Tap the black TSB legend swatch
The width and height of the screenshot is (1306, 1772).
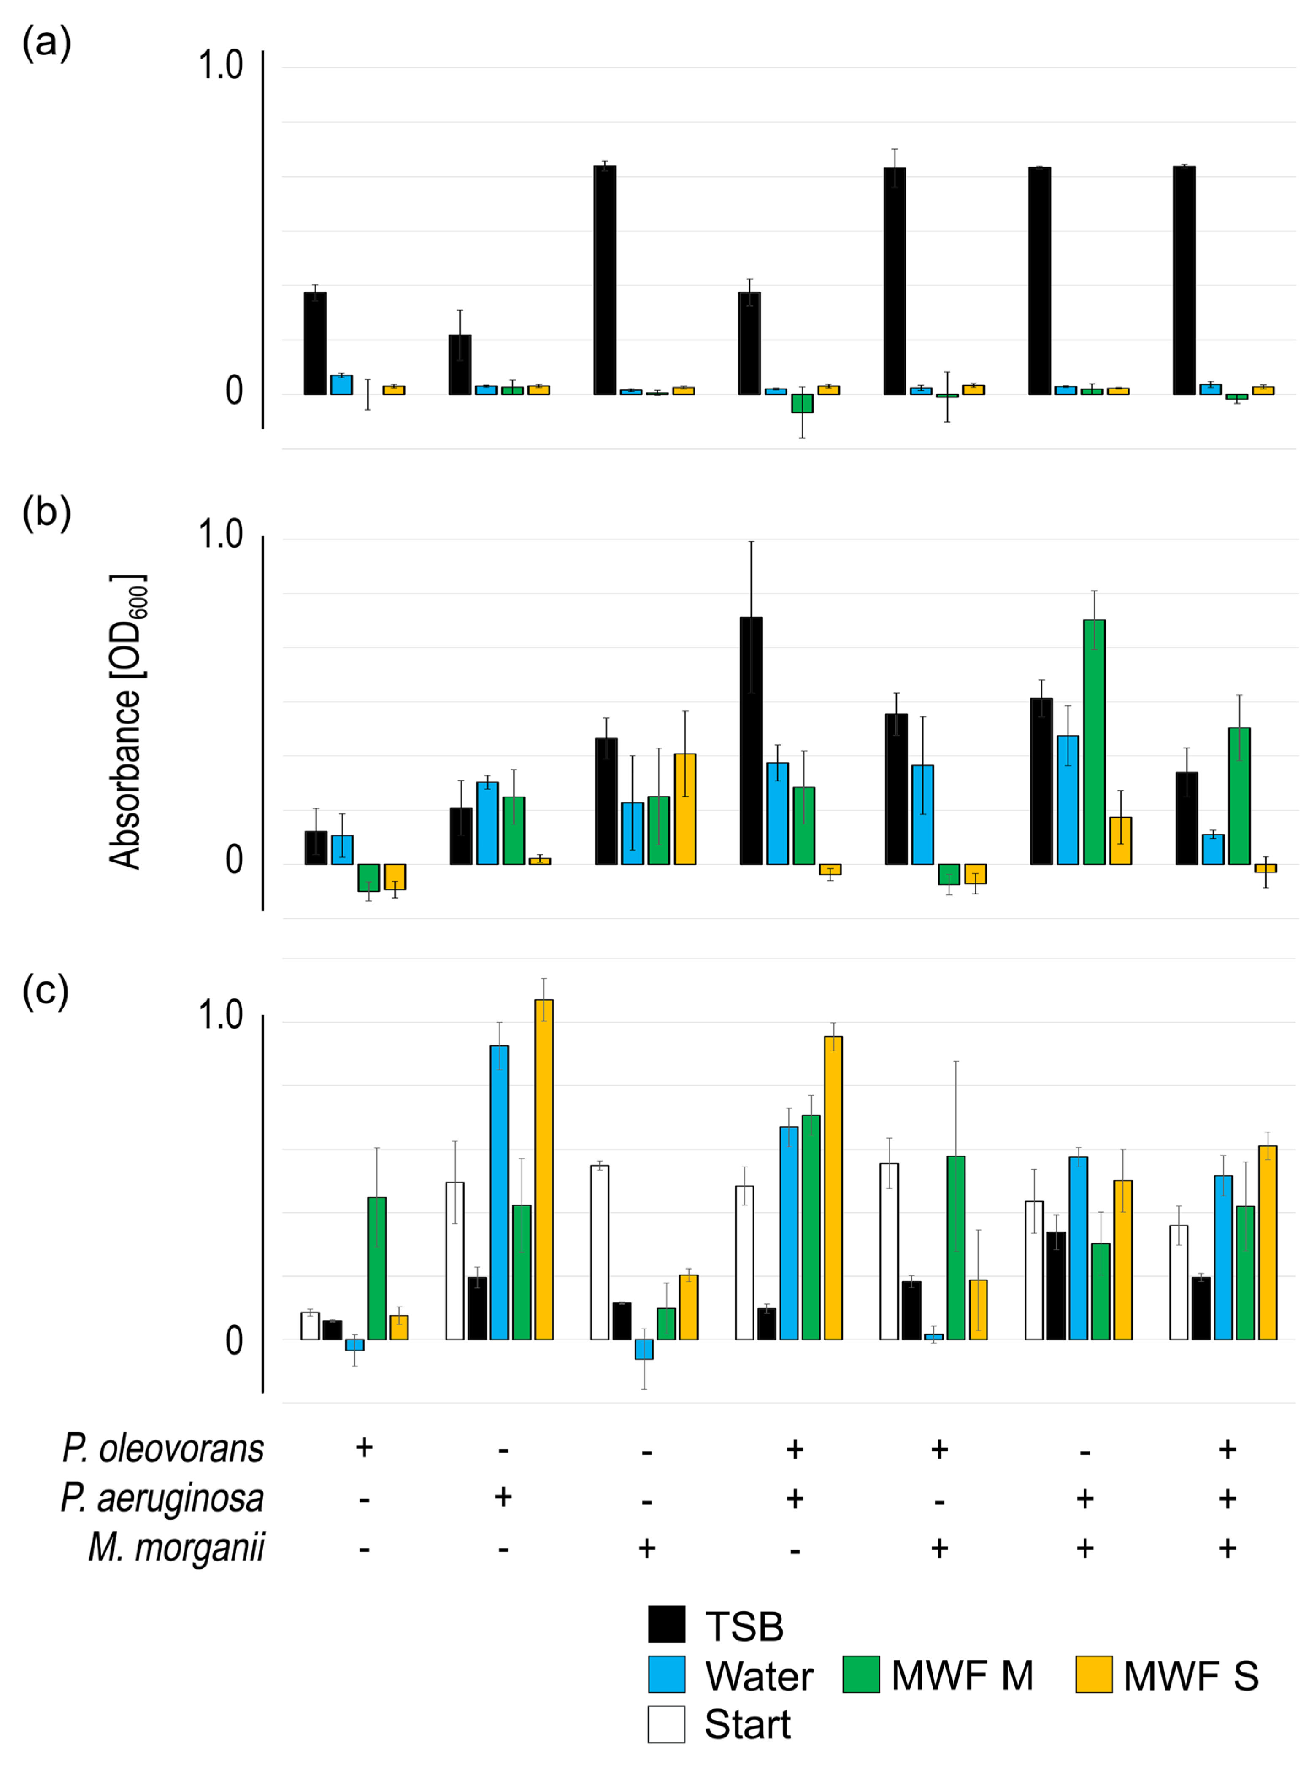(666, 1625)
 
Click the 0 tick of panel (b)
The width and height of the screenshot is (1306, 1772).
(234, 861)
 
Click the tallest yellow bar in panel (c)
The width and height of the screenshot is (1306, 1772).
(544, 1170)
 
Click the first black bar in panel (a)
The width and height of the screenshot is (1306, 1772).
(315, 344)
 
